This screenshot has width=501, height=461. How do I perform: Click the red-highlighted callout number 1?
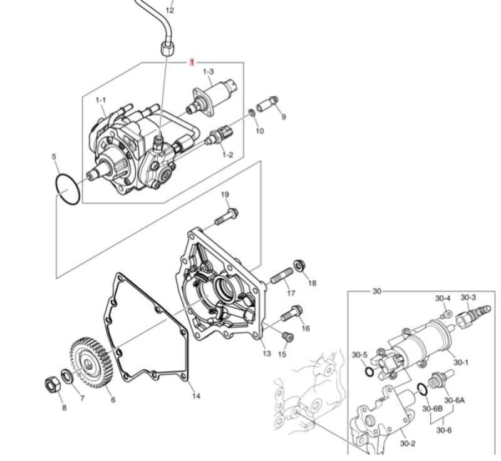192,62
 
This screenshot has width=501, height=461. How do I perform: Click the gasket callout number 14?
196,395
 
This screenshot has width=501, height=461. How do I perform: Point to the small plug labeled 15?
287,337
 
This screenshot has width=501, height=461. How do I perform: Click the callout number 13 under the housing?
267,354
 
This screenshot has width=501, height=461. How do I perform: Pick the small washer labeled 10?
251,113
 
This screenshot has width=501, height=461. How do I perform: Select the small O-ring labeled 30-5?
369,372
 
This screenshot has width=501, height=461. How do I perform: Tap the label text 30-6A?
454,401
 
